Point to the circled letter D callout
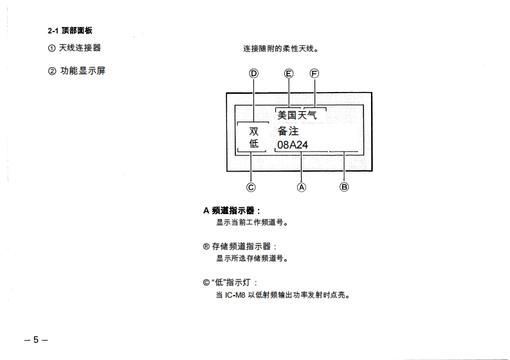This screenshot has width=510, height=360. coord(254,73)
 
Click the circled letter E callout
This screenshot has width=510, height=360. coord(289,73)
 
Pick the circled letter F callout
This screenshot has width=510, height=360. coord(314,73)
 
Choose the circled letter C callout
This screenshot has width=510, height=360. coord(251,188)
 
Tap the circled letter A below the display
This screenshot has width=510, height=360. coord(301,188)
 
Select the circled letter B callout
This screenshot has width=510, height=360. coord(344,188)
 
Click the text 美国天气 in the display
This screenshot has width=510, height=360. coord(297,115)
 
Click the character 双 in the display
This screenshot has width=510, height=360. coord(254,132)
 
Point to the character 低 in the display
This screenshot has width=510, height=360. coord(254,145)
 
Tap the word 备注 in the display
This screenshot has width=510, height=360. coord(288,132)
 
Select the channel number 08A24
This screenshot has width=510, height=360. coord(293,145)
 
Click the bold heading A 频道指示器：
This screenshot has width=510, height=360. coord(232,210)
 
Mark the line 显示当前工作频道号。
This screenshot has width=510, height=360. coord(251,223)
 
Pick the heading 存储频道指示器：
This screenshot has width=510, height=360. coord(239,246)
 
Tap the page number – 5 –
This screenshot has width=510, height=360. coord(36,339)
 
